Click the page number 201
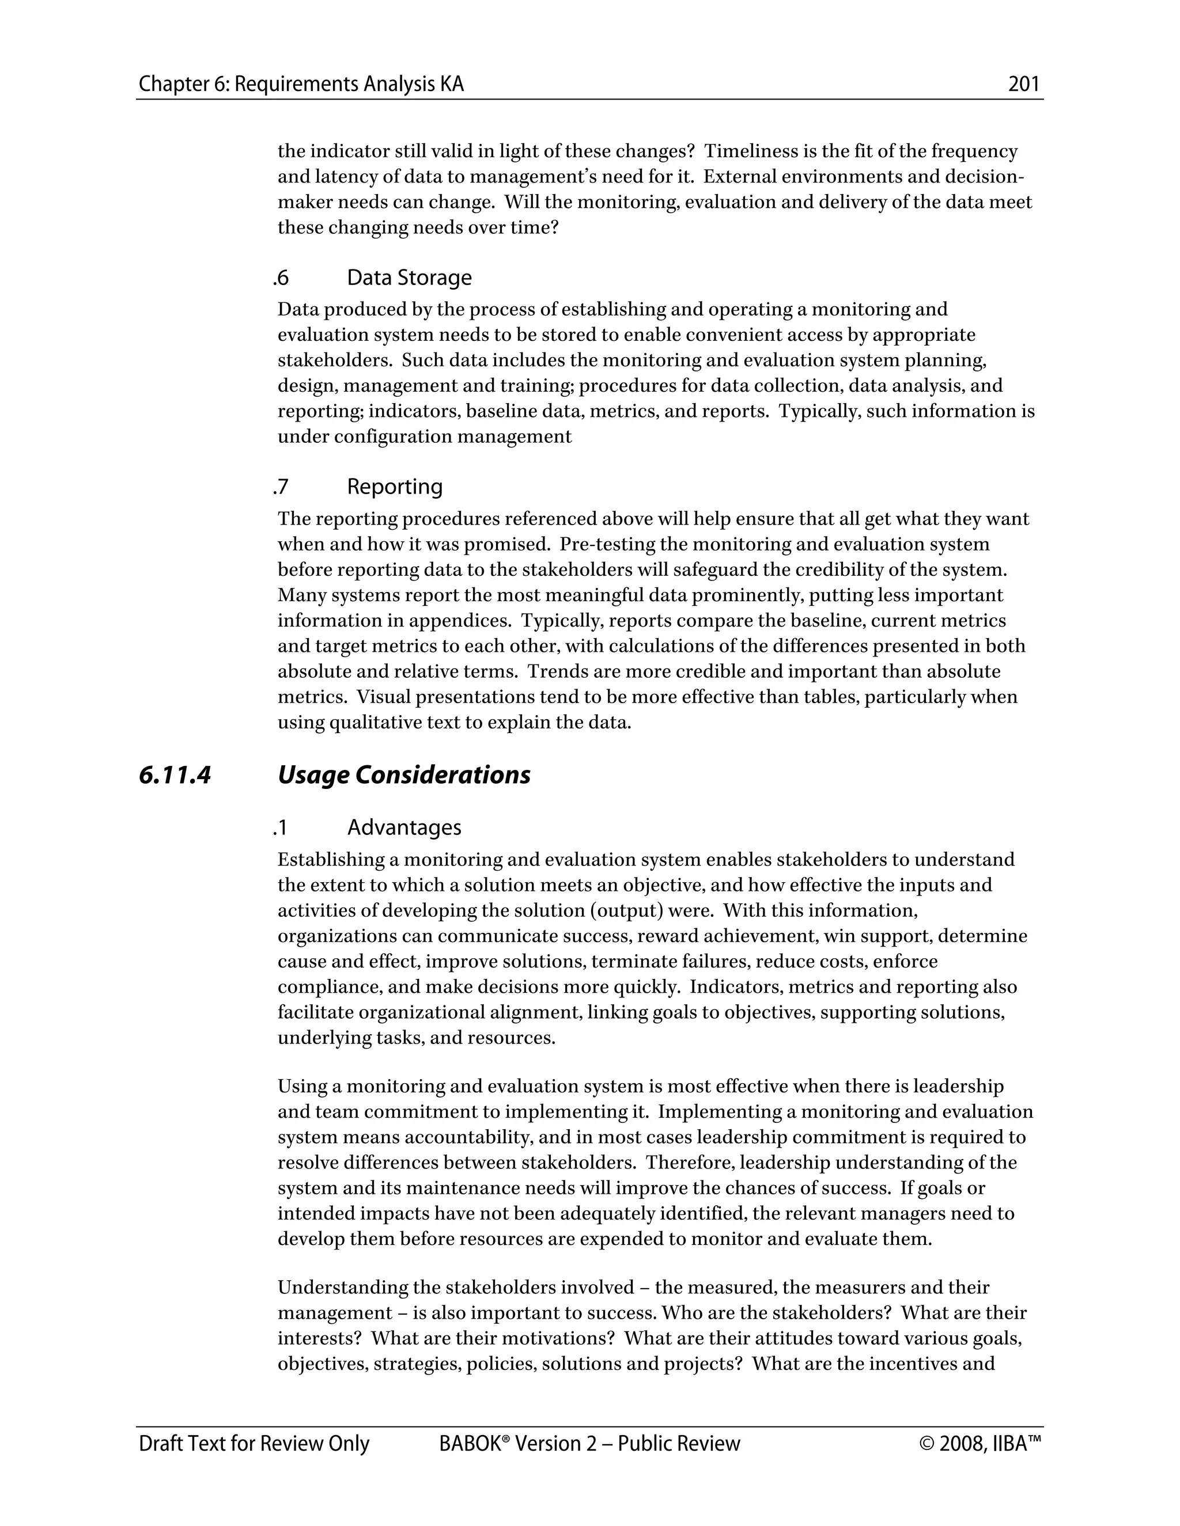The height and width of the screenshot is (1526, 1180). pyautogui.click(x=1023, y=85)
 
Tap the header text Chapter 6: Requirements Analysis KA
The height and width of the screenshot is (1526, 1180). pyautogui.click(x=301, y=85)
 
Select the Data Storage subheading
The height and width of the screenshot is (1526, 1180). pyautogui.click(x=409, y=278)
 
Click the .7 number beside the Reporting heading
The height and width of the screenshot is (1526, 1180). pyautogui.click(x=281, y=487)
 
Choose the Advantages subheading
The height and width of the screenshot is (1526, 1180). pyautogui.click(x=404, y=827)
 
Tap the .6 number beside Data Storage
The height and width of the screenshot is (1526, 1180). pyautogui.click(x=281, y=278)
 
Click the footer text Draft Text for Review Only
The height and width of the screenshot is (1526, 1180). pyautogui.click(x=254, y=1444)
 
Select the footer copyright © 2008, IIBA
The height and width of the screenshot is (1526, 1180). pyautogui.click(x=980, y=1444)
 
